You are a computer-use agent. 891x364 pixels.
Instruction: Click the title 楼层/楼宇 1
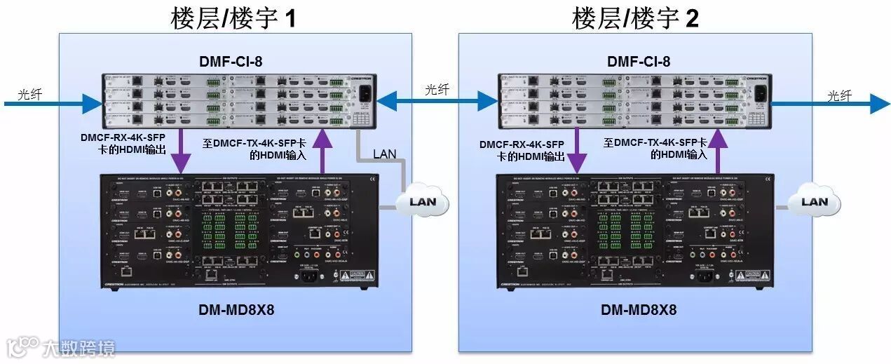233,18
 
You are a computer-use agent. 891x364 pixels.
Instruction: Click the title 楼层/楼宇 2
635,18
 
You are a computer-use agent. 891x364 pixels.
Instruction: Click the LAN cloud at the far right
814,202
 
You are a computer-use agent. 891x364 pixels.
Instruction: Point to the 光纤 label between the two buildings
437,90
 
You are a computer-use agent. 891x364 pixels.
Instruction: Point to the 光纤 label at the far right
839,95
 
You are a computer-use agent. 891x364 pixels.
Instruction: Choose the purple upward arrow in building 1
322,151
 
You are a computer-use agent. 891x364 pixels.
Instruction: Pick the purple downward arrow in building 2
578,151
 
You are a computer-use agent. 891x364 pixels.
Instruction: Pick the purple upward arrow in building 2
718,151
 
